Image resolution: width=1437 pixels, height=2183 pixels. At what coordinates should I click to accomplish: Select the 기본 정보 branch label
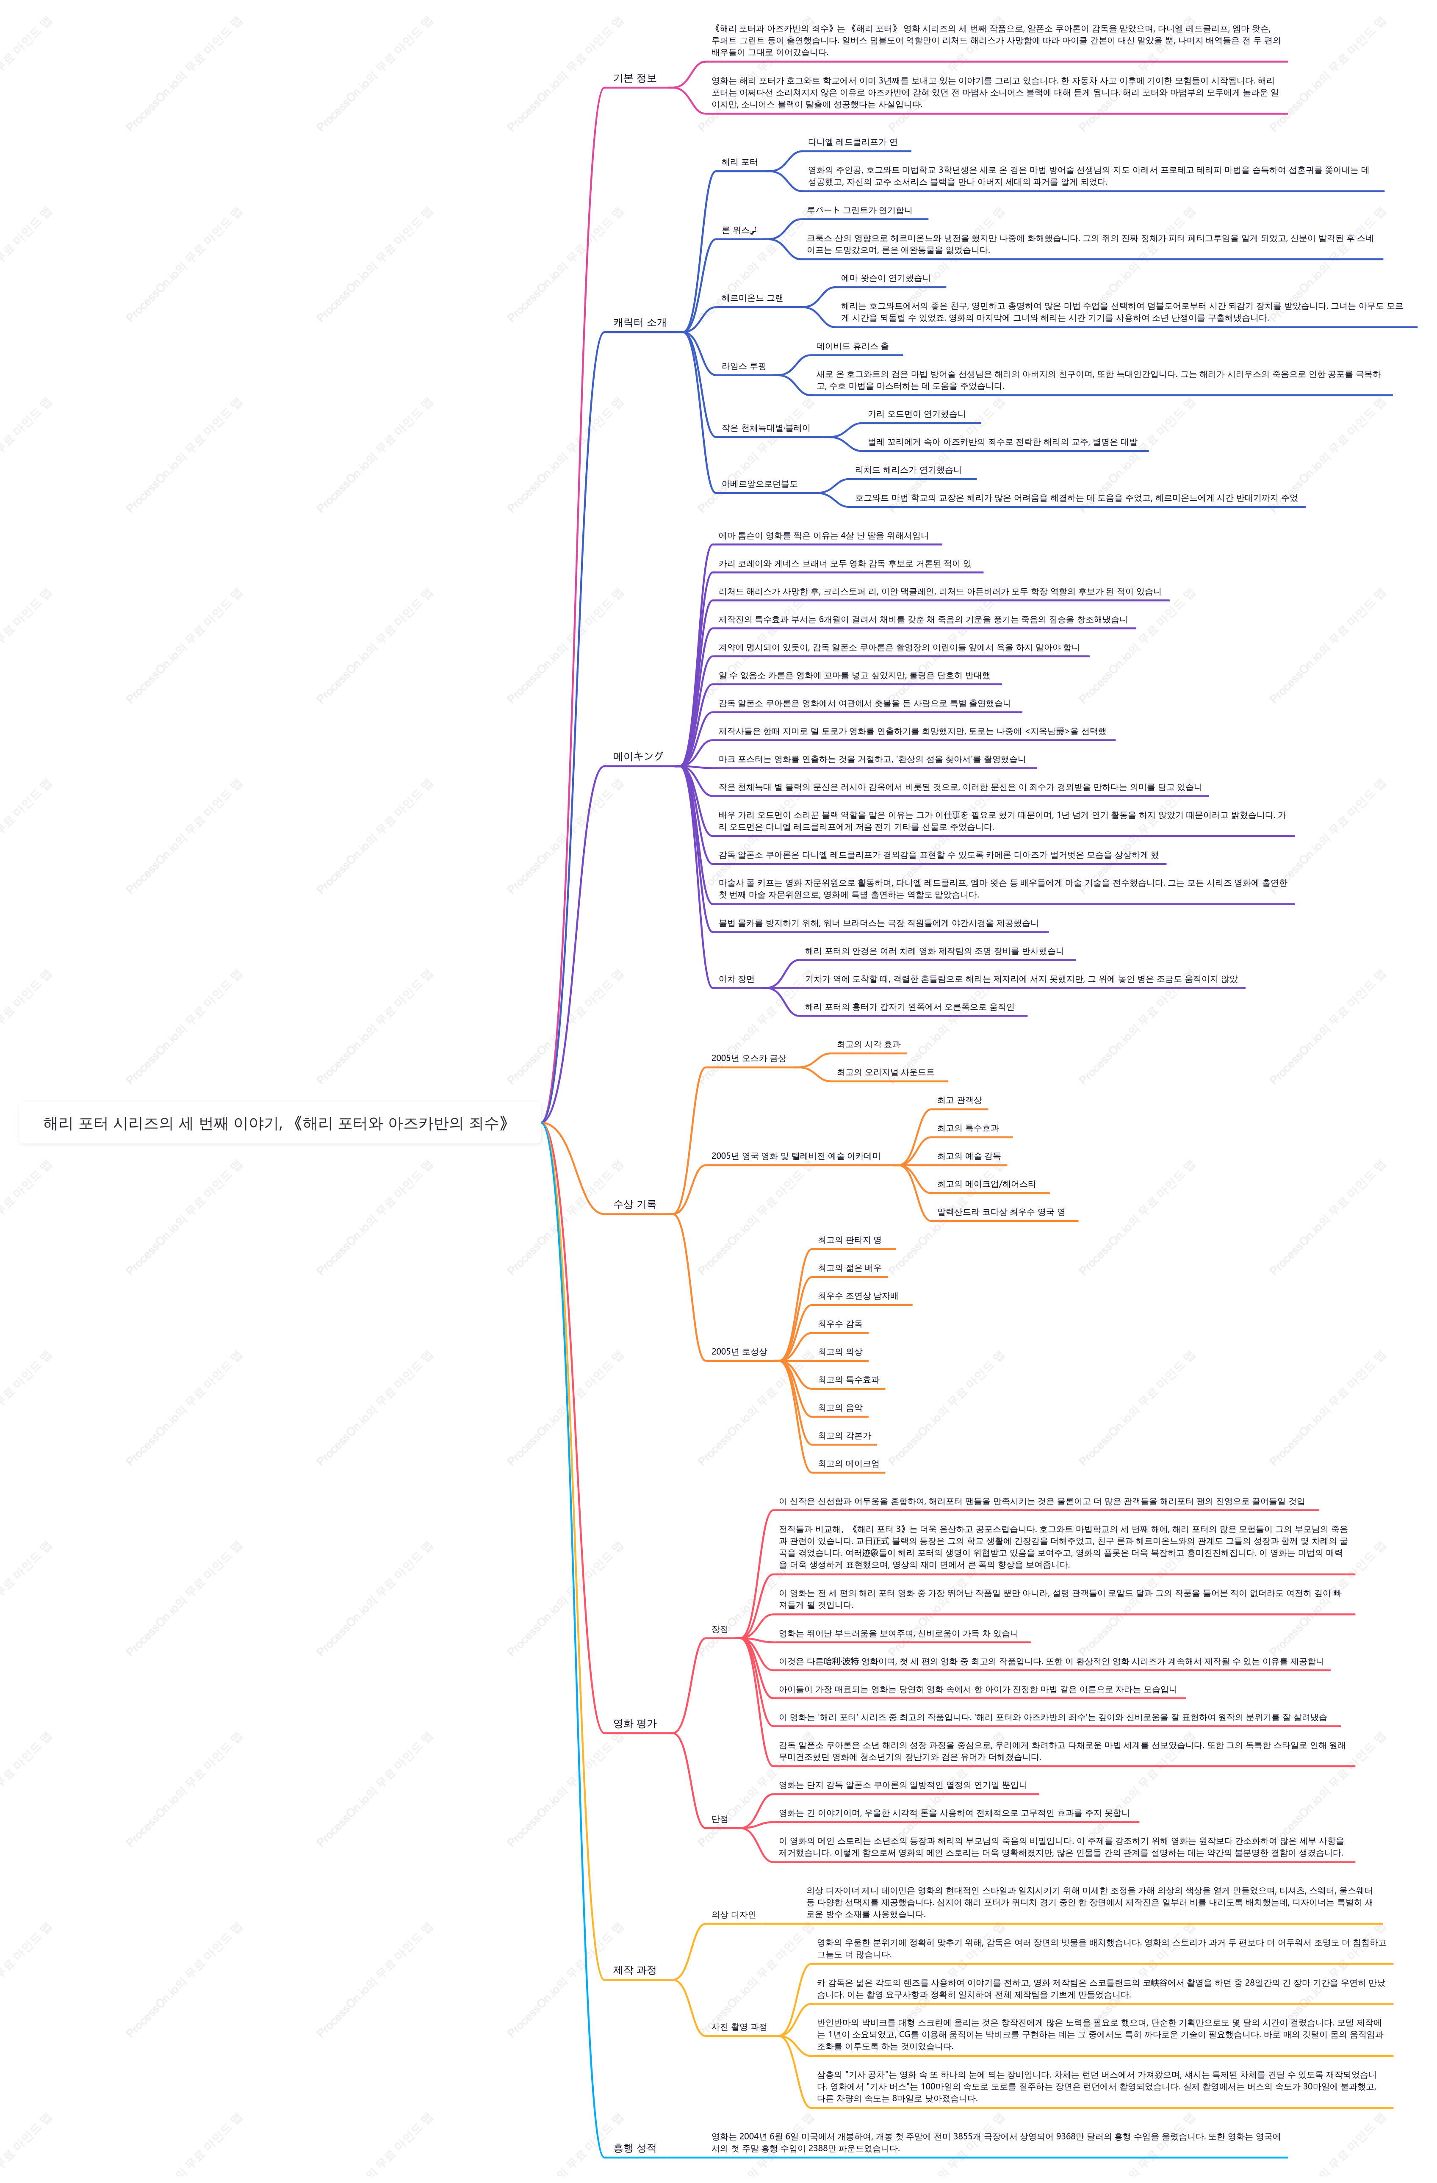pos(634,78)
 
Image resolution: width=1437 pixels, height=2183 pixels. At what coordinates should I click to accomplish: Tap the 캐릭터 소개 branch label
pos(640,323)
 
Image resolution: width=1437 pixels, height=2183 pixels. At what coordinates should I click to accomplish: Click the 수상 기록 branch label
pos(634,1204)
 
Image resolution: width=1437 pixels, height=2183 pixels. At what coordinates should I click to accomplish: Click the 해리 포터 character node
pos(739,162)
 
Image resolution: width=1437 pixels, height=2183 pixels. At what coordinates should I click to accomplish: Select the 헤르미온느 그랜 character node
pos(752,298)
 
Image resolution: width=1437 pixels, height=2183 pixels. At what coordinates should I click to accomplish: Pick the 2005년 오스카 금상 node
pos(748,1058)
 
